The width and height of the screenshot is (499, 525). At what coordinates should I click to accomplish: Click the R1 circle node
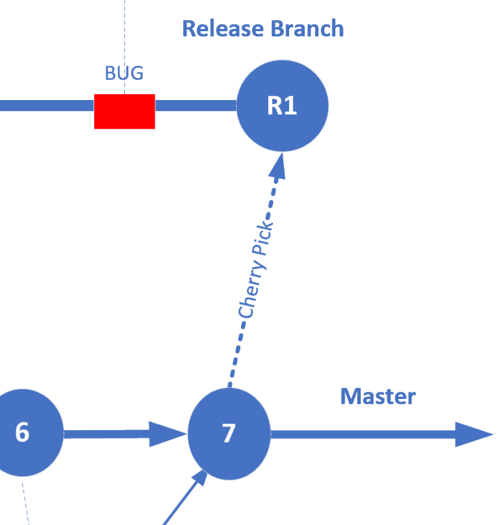point(282,105)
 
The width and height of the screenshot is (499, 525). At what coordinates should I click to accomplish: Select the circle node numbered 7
point(229,433)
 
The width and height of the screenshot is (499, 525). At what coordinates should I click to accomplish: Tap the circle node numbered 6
point(23,432)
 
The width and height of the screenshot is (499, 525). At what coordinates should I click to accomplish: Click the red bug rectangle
point(124,111)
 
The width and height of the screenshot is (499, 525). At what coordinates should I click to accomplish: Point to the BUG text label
point(124,73)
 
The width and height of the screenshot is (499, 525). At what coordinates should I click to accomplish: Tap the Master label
point(377,396)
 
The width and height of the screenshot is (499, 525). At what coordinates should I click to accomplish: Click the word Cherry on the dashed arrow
point(251,290)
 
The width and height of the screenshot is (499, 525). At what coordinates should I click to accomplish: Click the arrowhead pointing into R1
point(278,166)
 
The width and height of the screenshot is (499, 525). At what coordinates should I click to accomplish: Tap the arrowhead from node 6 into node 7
point(168,434)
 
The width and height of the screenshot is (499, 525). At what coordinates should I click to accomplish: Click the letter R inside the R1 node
point(275,106)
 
